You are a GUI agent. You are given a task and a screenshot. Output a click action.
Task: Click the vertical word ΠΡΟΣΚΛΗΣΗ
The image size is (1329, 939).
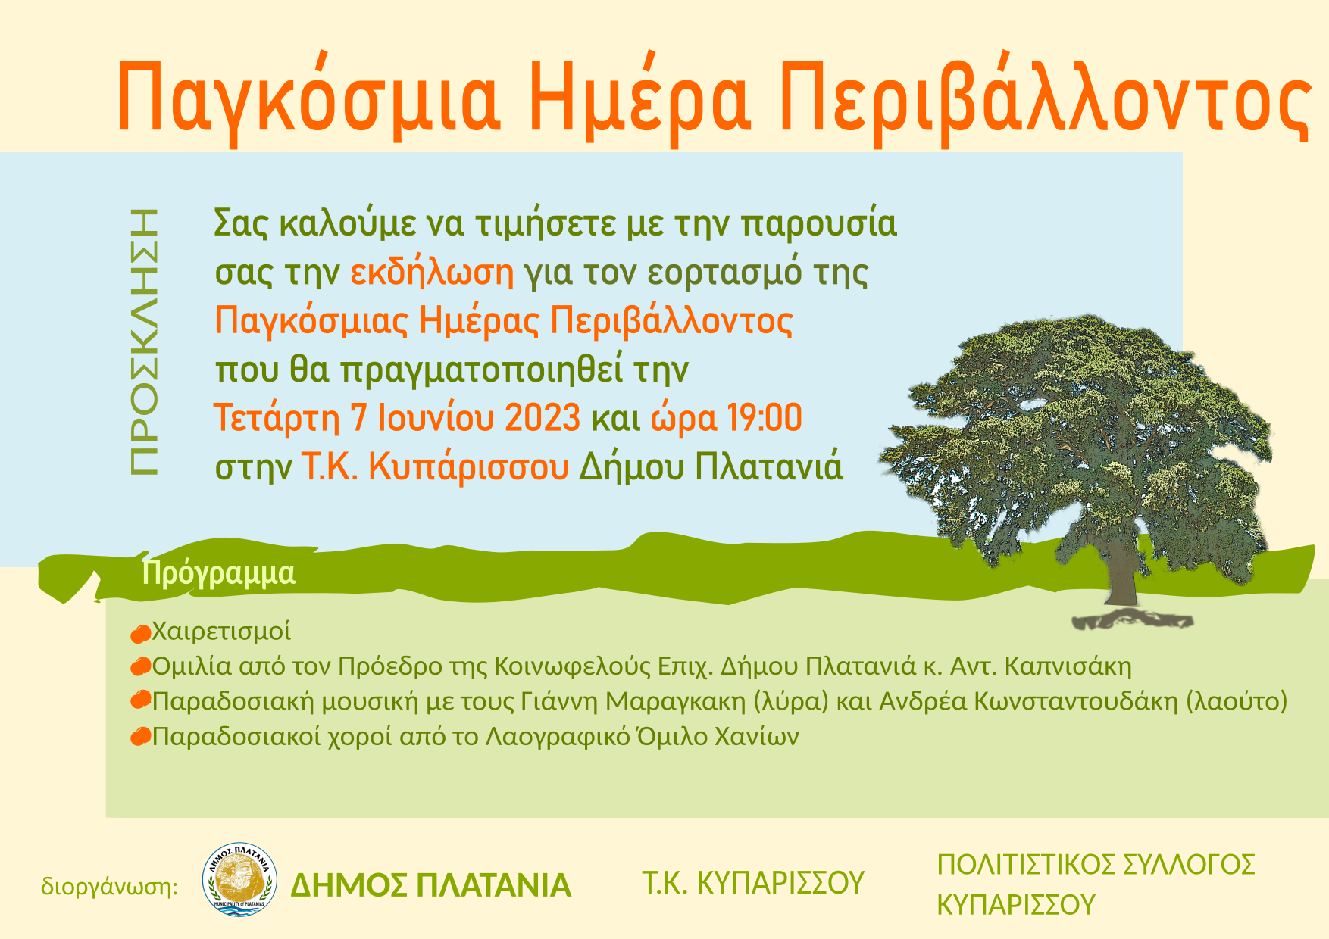pyautogui.click(x=144, y=342)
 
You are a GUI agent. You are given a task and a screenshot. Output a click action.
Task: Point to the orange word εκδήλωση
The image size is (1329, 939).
pyautogui.click(x=432, y=272)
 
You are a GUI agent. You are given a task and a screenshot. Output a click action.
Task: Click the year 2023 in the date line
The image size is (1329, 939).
pyautogui.click(x=543, y=418)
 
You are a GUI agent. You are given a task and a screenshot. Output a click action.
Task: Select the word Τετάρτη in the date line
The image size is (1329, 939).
pyautogui.click(x=277, y=418)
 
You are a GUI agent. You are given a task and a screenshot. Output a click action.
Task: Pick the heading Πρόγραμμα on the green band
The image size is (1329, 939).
pyautogui.click(x=219, y=574)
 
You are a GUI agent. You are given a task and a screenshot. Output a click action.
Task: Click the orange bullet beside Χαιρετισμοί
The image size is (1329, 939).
pyautogui.click(x=140, y=633)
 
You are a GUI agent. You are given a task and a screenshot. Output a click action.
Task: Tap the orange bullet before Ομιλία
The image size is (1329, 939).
pyautogui.click(x=140, y=667)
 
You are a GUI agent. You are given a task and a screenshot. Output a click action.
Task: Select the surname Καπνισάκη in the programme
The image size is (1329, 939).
pyautogui.click(x=1068, y=666)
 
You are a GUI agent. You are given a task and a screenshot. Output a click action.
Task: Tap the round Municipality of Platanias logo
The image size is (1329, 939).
pyautogui.click(x=239, y=880)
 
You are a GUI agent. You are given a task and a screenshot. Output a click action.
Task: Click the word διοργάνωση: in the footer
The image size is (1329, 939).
pyautogui.click(x=109, y=886)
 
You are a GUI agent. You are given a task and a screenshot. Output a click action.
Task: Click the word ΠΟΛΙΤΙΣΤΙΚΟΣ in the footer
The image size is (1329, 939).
pyautogui.click(x=1024, y=865)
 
